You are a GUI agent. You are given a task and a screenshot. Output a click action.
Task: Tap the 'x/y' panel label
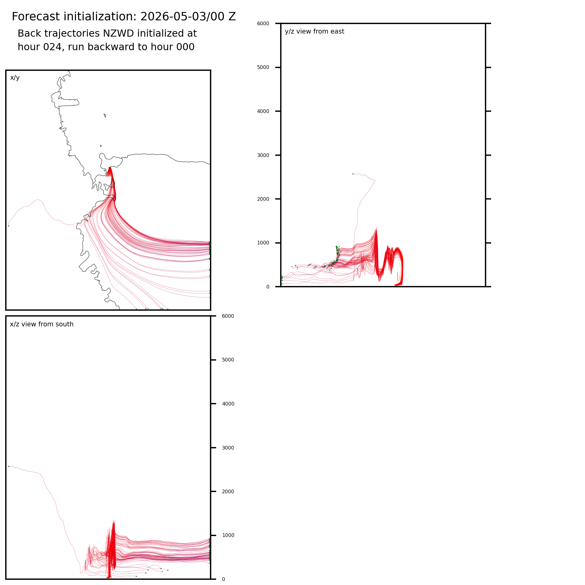[15, 78]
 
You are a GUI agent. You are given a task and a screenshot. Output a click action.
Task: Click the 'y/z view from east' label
[314, 31]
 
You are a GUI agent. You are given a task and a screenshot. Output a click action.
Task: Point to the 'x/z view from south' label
[42, 324]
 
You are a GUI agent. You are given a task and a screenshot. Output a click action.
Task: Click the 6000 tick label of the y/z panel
[263, 23]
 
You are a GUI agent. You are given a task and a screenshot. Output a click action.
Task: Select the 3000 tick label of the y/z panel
[263, 155]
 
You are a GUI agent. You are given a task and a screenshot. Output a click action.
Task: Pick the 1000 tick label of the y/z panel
[263, 243]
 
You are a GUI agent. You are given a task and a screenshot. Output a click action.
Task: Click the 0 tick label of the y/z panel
[268, 287]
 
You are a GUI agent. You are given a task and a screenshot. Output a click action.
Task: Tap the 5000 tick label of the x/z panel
[228, 360]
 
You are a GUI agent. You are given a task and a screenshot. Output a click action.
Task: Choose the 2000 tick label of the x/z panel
[228, 492]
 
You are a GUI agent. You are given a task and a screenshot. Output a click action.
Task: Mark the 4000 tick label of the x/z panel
[228, 404]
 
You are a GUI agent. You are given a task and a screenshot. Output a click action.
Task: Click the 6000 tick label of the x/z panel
[228, 316]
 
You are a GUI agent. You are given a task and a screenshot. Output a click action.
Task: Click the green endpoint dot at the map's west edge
[9, 226]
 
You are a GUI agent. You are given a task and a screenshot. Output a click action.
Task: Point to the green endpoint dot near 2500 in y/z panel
[353, 174]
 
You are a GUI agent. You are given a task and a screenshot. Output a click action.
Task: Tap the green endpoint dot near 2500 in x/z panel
[9, 466]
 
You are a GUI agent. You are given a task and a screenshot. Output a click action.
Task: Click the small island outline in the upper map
[105, 115]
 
